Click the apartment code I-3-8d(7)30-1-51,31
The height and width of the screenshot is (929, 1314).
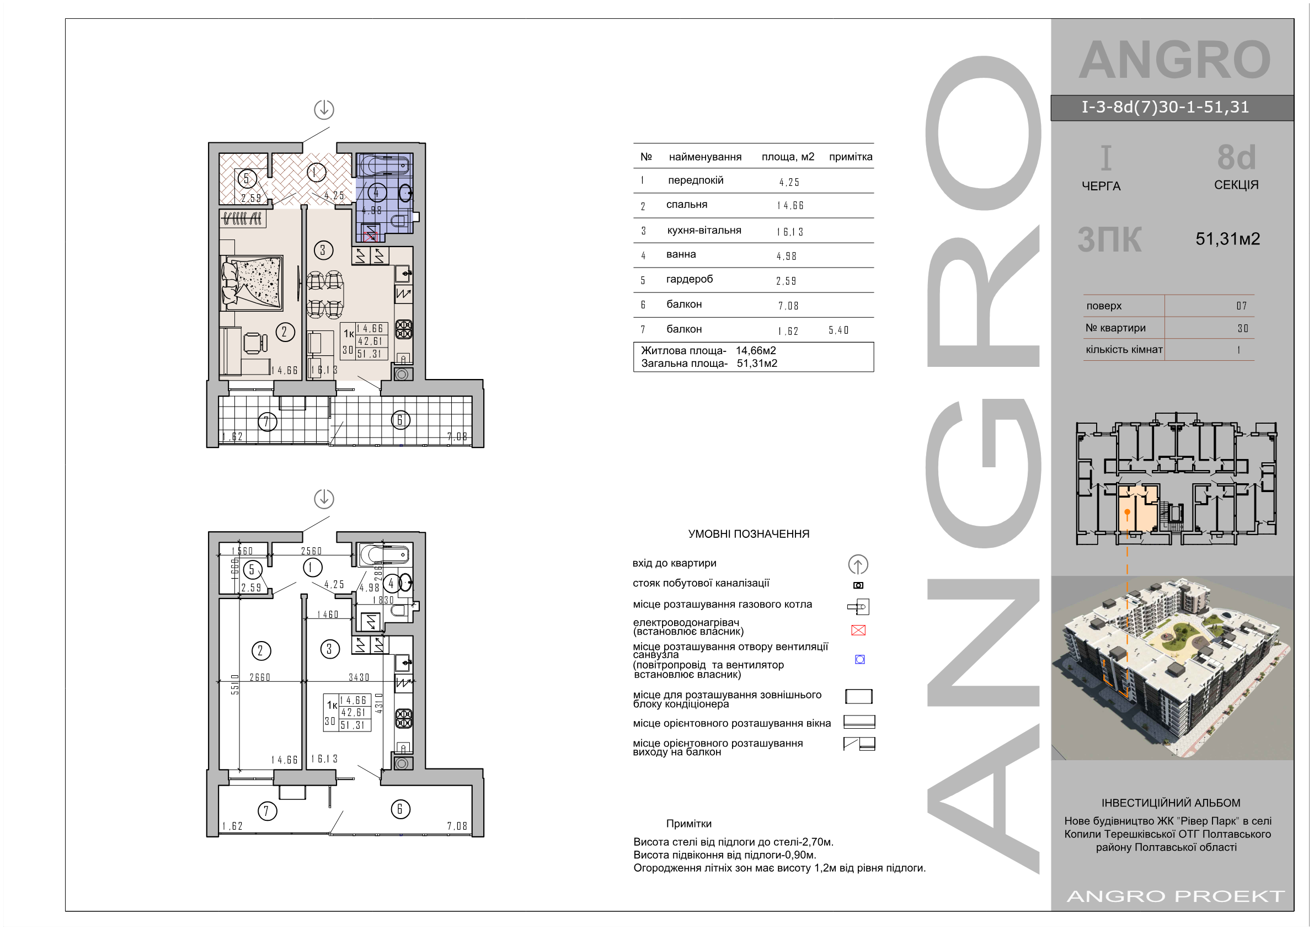[x=1165, y=107]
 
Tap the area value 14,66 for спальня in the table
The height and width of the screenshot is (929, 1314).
[x=790, y=205]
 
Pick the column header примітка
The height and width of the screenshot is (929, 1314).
[x=851, y=157]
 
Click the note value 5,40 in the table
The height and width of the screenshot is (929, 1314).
[x=838, y=330]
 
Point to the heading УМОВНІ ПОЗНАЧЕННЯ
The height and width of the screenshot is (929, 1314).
[x=749, y=534]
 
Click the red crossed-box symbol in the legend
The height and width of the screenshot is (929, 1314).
[x=858, y=630]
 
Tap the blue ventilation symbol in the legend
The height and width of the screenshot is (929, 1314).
[x=859, y=659]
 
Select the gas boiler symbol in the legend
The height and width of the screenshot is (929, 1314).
[x=858, y=607]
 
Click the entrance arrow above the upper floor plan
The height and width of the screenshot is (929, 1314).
[x=324, y=109]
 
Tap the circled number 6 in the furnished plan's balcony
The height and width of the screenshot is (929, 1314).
[x=400, y=420]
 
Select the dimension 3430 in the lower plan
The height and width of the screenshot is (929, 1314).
[x=359, y=677]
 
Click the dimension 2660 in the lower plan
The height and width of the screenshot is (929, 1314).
[x=260, y=677]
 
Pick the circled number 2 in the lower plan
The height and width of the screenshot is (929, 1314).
[x=261, y=651]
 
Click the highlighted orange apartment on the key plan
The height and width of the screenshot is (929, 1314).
[x=1137, y=508]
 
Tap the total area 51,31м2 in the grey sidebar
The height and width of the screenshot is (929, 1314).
[x=1227, y=239]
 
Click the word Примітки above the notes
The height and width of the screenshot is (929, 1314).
[x=688, y=824]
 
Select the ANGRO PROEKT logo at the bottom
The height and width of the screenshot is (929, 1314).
[x=1176, y=896]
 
